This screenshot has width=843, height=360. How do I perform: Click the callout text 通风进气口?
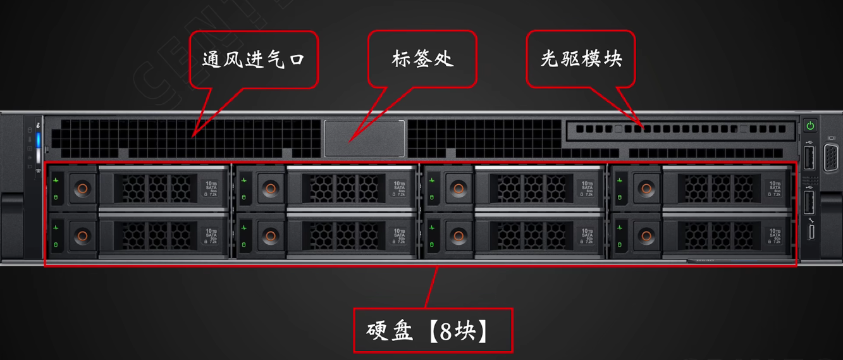[x=254, y=59]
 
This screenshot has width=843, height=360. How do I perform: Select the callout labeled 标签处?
[x=422, y=59]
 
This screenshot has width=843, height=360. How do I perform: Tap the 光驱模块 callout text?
[x=581, y=59]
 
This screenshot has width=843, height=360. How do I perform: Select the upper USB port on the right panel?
[x=809, y=158]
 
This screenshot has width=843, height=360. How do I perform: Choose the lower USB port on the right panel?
[x=809, y=202]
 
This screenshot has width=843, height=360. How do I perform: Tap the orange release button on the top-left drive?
[x=82, y=189]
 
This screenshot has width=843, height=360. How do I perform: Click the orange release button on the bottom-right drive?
[x=646, y=237]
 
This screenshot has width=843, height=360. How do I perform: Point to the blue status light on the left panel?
[x=38, y=140]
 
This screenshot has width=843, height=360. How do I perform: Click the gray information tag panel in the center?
[x=364, y=139]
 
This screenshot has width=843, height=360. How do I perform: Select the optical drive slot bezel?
[x=680, y=129]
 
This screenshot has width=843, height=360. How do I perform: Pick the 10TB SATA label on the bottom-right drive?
[x=775, y=237]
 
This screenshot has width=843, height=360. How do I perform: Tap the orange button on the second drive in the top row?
[x=271, y=189]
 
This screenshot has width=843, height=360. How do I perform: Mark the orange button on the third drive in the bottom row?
[x=458, y=237]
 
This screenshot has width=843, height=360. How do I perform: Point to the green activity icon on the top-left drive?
[x=56, y=181]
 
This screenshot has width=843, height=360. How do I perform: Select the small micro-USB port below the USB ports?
[x=810, y=232]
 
